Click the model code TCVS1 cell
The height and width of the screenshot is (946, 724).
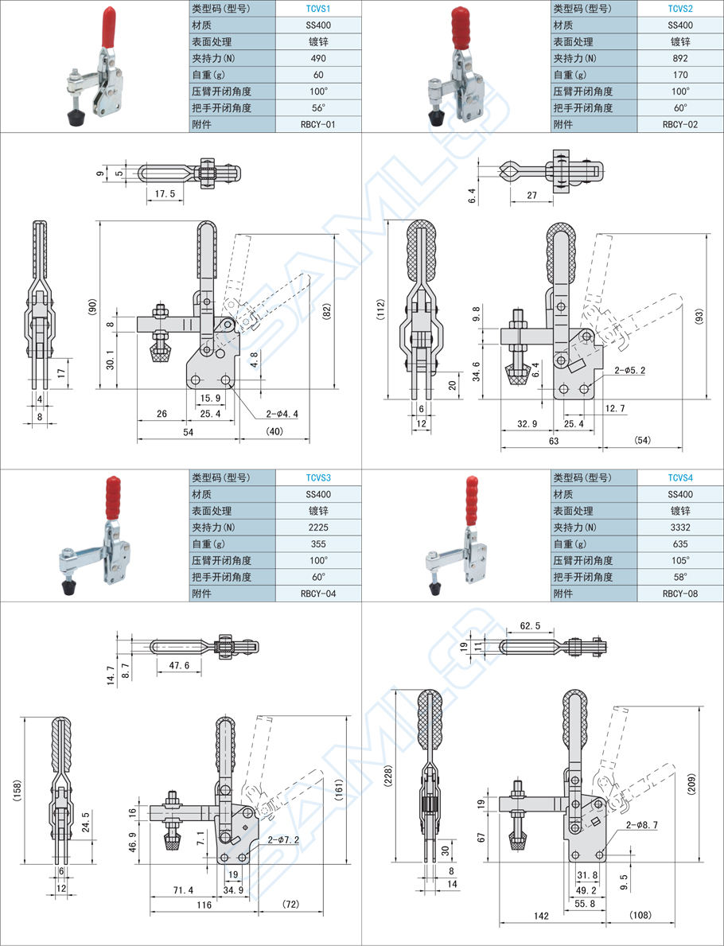pos(318,8)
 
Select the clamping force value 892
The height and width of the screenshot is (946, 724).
pos(680,58)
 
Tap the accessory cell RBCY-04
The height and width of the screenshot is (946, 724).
pos(318,594)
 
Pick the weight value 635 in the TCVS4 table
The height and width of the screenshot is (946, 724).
pos(680,544)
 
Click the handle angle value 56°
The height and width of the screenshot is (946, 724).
pos(318,108)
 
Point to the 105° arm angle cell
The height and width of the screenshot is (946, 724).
pos(680,561)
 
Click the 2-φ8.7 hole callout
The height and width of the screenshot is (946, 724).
pos(642,825)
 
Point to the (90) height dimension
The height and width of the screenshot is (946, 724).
pos(92,306)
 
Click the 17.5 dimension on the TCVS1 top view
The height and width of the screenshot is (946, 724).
pos(165,193)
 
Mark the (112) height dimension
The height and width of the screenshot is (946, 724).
pos(381,309)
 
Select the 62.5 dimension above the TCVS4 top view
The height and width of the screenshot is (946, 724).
pos(531,626)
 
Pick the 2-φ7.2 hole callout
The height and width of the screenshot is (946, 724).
pos(283,839)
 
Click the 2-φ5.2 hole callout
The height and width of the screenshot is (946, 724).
pos(629,370)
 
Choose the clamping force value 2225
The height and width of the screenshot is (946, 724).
pos(318,528)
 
